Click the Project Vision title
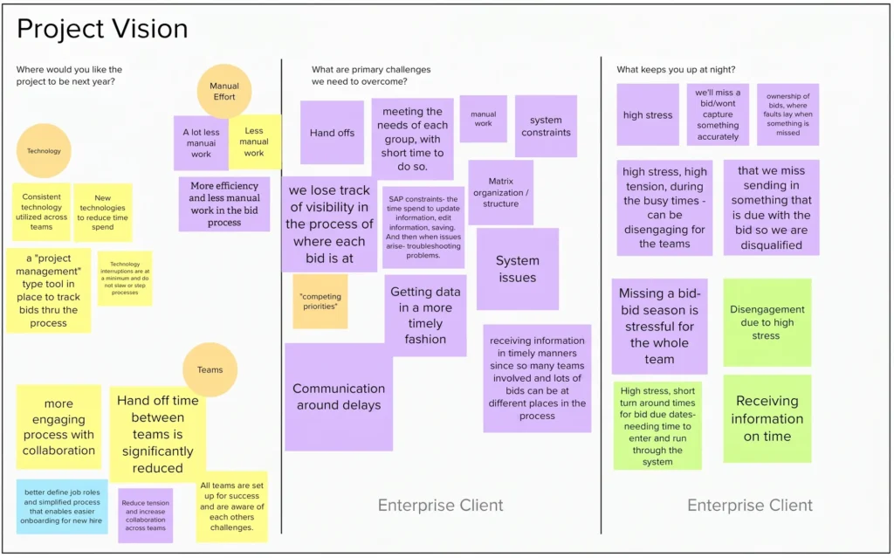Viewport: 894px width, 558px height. (102, 29)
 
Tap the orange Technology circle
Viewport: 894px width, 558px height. (44, 150)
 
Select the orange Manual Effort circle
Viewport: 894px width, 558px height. (224, 92)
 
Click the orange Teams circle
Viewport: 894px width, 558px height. (210, 369)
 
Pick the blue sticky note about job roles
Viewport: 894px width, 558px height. (62, 506)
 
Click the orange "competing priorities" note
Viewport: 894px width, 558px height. (320, 301)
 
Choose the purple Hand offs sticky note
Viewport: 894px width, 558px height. (332, 133)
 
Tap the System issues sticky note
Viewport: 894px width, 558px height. (518, 269)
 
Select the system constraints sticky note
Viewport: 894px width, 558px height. (546, 126)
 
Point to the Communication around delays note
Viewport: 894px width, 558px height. (339, 397)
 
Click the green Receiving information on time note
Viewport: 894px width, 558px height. (767, 419)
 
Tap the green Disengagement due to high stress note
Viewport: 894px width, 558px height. (767, 322)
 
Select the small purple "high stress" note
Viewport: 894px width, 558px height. (648, 114)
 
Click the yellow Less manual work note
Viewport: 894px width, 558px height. (255, 141)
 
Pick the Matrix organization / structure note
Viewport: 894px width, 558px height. (500, 192)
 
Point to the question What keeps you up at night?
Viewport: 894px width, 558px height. (676, 70)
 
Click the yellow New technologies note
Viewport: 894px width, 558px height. (103, 212)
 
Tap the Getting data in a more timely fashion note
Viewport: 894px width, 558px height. (425, 315)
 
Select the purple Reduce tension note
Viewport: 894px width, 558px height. (146, 515)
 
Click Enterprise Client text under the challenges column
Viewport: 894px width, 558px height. (441, 505)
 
